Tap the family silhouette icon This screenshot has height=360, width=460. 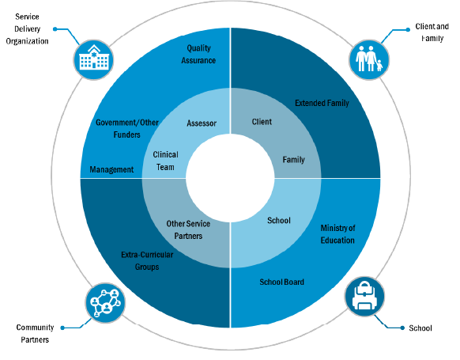369,59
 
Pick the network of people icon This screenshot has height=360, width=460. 105,303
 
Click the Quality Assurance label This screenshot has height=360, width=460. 198,54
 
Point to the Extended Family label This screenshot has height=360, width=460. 322,103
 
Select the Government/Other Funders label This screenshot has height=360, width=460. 127,128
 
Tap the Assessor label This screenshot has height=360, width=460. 202,123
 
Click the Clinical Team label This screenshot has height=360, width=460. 165,161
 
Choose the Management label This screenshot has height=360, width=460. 111,169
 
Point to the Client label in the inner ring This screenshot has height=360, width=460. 262,122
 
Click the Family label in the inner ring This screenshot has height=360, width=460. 294,160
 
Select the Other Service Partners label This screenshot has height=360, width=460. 188,229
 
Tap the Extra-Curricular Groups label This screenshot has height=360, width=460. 147,260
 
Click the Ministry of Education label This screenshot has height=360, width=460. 337,234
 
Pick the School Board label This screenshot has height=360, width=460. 281,282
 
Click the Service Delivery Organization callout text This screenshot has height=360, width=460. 27,28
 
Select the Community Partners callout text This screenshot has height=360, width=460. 35,333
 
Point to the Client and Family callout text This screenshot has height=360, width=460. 432,32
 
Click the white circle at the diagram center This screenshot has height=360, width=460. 230,178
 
